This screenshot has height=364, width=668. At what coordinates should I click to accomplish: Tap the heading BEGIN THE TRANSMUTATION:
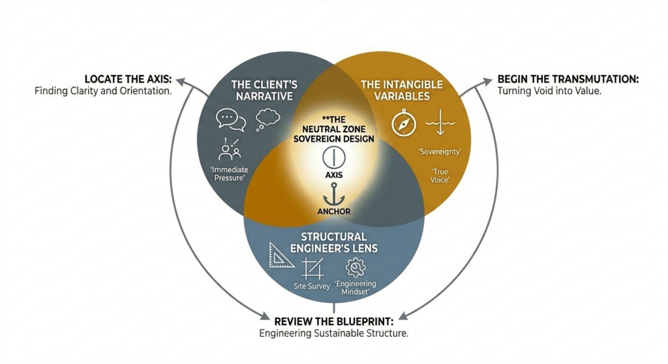(568, 79)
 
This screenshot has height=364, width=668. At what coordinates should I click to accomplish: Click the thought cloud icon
(268, 119)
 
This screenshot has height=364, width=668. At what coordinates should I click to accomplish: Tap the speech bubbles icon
(231, 120)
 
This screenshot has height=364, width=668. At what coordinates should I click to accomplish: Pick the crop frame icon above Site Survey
(312, 268)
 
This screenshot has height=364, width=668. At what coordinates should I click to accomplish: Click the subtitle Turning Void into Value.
(549, 91)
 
